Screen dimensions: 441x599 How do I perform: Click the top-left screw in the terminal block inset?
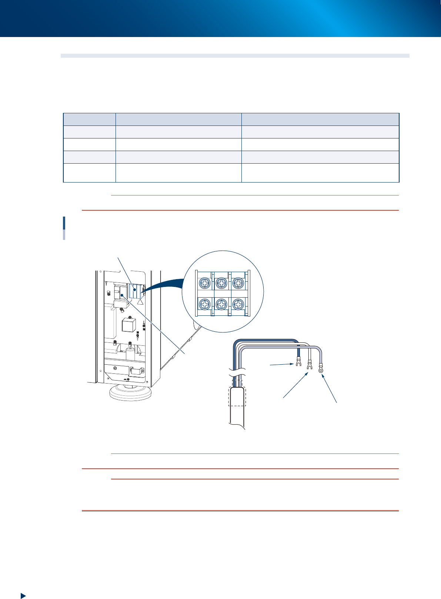tap(205, 283)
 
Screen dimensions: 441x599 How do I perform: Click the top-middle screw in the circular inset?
tap(221, 283)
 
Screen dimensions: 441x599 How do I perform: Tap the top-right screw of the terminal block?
tap(237, 283)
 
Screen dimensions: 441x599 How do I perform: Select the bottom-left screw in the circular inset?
tap(205, 304)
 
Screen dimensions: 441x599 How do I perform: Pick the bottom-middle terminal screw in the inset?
tap(221, 304)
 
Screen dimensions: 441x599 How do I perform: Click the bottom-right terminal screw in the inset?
tap(237, 304)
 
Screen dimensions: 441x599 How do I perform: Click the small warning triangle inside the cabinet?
tap(140, 302)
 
